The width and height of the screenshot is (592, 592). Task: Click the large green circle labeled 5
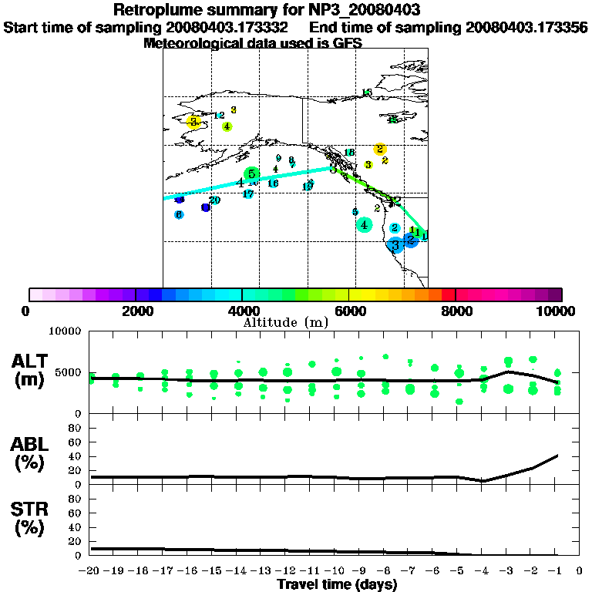pyautogui.click(x=251, y=174)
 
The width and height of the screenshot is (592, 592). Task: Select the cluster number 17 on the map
pyautogui.click(x=248, y=194)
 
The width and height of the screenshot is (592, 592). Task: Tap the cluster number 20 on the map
pyautogui.click(x=215, y=200)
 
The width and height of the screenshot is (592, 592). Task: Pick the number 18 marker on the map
pyautogui.click(x=349, y=153)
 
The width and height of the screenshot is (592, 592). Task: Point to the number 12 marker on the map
pyautogui.click(x=220, y=116)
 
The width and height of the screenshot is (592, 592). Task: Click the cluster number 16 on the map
pyautogui.click(x=273, y=183)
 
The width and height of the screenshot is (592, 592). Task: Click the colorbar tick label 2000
pyautogui.click(x=136, y=311)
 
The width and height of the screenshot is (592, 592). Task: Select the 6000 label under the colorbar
pyautogui.click(x=348, y=311)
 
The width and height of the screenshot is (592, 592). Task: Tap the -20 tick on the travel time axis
pyautogui.click(x=89, y=571)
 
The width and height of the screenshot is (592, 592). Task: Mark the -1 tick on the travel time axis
pyautogui.click(x=555, y=571)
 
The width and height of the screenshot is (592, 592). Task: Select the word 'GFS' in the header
pyautogui.click(x=347, y=43)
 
